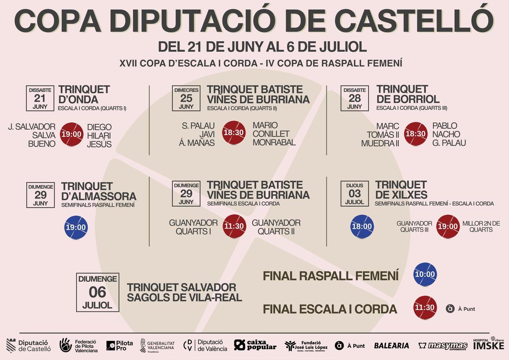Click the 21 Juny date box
point(40,98)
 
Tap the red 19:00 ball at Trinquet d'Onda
point(72,134)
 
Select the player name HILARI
point(99,135)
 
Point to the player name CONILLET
point(271,134)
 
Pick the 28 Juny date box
point(354,98)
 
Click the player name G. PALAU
point(449,143)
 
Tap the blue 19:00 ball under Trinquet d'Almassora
point(76,227)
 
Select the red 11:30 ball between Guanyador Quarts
point(234,226)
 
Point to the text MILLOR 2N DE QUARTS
point(481,226)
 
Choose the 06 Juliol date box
point(97,292)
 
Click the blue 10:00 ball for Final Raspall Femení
point(425,275)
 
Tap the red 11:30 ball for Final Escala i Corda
point(425,307)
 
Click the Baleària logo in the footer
point(392,346)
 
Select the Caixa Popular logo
point(255,345)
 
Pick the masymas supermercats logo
point(443,346)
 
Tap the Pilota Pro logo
point(119,346)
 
